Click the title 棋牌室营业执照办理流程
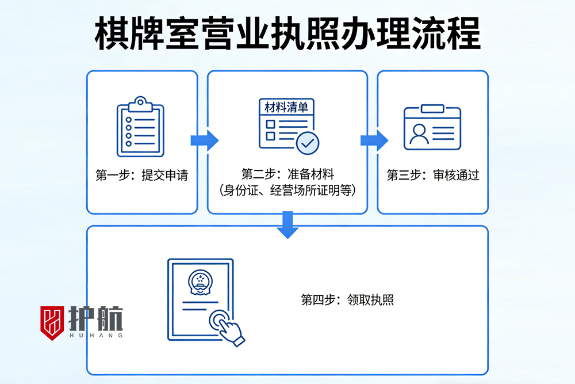[287, 33]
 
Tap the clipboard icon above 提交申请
[140, 127]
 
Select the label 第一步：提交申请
[141, 176]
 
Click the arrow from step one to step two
[204, 140]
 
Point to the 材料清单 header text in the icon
[286, 108]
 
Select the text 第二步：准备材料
[287, 174]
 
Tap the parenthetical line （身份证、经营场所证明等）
[287, 191]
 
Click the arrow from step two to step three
[374, 140]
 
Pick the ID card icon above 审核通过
[432, 127]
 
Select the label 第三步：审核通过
[432, 176]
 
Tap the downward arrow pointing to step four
[287, 225]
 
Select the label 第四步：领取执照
[347, 300]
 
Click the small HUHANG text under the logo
[95, 335]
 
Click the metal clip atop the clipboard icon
[140, 104]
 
